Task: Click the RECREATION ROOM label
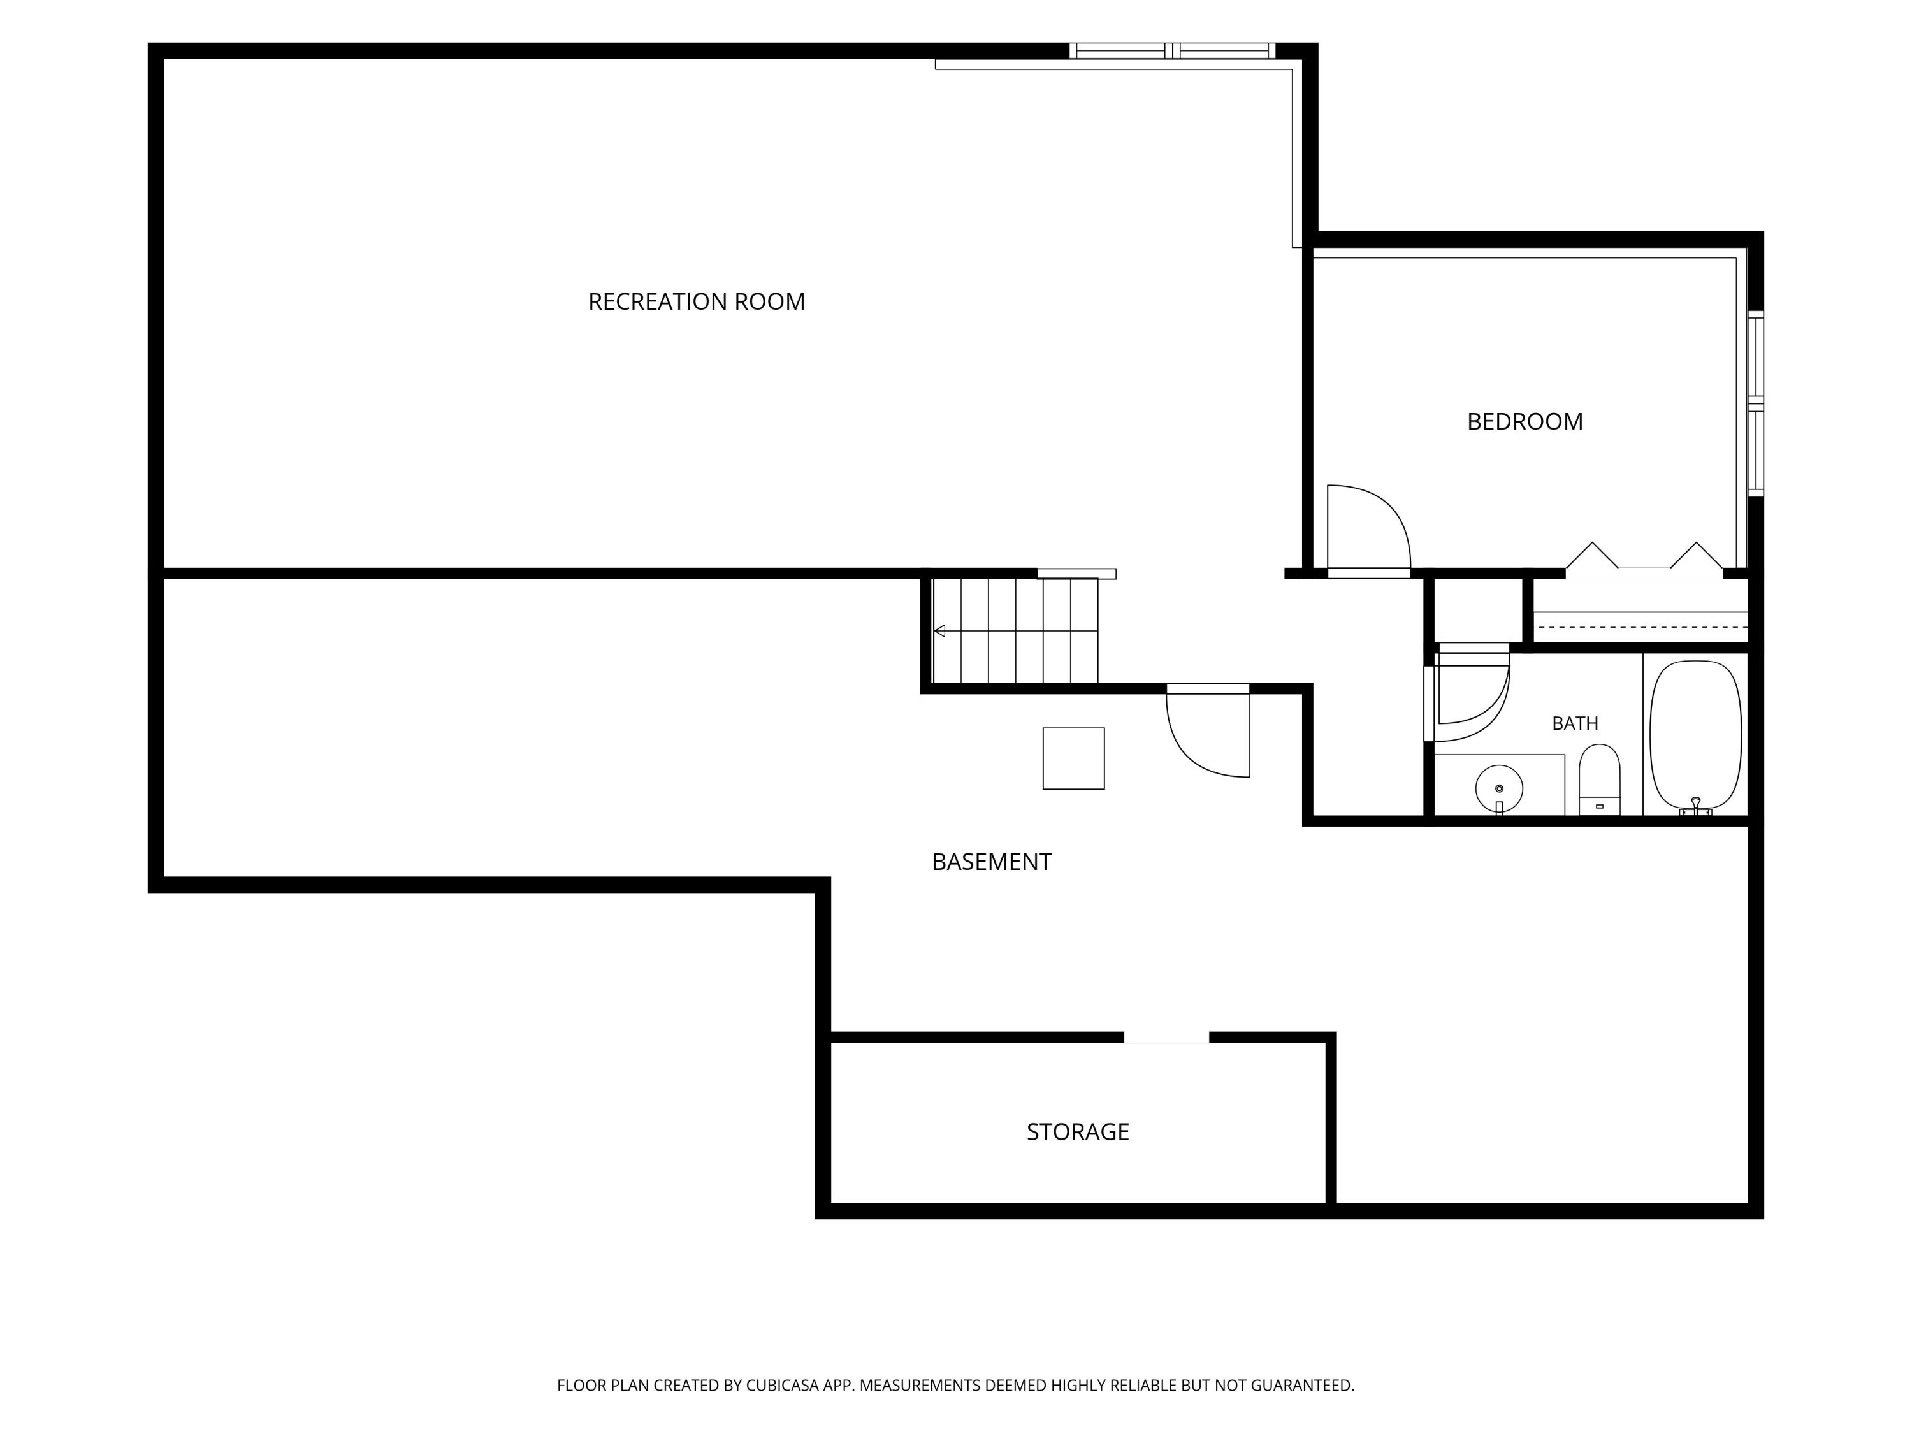[697, 301]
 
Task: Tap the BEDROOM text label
[1525, 422]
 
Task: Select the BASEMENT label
[992, 862]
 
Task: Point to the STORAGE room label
[1078, 1131]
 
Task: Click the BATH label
[1575, 723]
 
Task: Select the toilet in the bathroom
[1599, 779]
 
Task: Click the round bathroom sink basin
[1499, 788]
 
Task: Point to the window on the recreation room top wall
[1171, 51]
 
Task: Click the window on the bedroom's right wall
[1756, 403]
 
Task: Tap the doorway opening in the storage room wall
[1166, 1037]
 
